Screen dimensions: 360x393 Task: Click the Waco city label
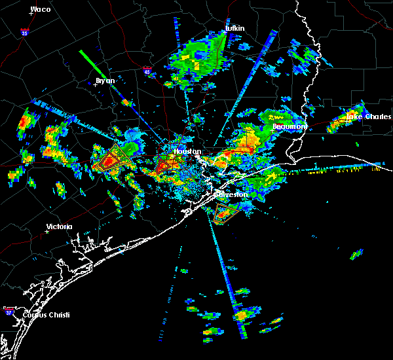(x=41, y=9)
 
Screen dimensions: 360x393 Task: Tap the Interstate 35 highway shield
(x=24, y=31)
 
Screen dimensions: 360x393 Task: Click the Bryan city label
(x=105, y=81)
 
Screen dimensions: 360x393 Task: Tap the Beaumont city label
(x=289, y=126)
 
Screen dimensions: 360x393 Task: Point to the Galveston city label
(x=233, y=194)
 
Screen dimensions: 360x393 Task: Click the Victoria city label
(x=59, y=226)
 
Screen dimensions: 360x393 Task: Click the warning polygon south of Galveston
(x=225, y=211)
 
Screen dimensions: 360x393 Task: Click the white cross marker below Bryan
(x=96, y=84)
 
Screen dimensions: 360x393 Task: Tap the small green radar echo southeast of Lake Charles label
(x=356, y=254)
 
